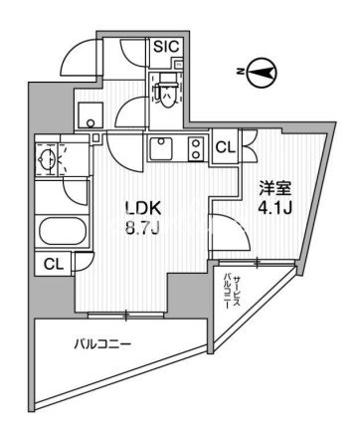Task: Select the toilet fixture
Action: tap(166, 93)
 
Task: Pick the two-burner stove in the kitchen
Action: tap(196, 150)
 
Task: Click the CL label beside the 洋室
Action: tap(226, 147)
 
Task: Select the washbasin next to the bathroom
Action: tap(48, 158)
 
